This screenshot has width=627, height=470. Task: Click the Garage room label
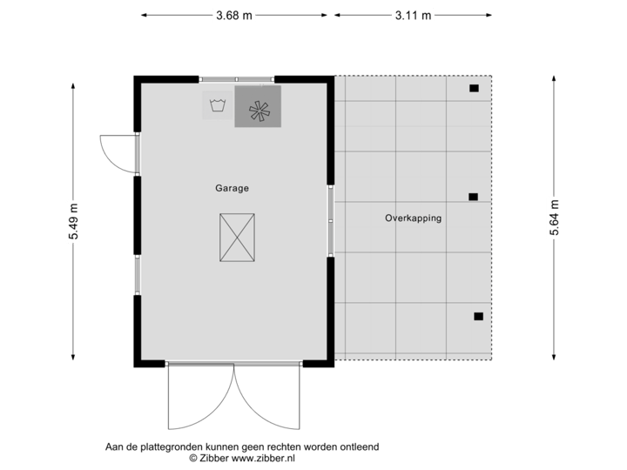coord(233,187)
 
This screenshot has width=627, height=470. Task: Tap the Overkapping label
coord(413,218)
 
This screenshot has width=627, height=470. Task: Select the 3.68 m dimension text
coord(235,15)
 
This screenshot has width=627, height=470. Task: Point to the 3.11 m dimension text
coord(412,15)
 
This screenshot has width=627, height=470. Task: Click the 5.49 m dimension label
coord(72,220)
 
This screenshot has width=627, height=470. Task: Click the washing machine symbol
coord(218,107)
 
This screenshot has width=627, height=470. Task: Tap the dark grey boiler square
coord(258,107)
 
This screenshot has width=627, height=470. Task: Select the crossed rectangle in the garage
coord(235,236)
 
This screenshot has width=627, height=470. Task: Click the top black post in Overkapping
coord(474,88)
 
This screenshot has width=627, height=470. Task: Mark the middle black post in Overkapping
coord(473,197)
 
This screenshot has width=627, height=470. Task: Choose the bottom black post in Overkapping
coord(477,317)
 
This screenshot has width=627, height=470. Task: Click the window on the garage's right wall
coord(331,220)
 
